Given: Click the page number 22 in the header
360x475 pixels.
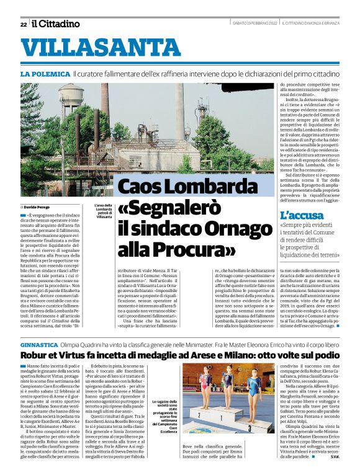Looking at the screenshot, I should coord(23,24).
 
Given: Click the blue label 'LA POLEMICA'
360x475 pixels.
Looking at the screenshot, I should coord(44,74).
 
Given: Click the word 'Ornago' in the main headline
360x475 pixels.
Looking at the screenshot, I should coord(233,228).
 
